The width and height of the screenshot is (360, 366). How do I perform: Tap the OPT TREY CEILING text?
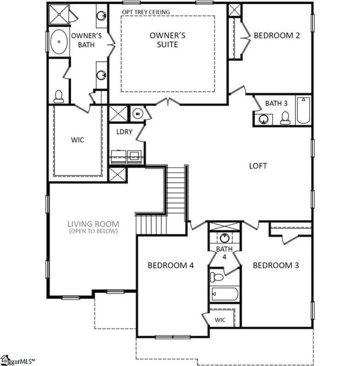(x=145, y=11)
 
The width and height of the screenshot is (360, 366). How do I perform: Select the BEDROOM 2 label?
(x=277, y=35)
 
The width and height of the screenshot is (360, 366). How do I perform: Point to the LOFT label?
(x=258, y=166)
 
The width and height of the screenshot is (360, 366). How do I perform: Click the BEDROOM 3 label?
(x=276, y=265)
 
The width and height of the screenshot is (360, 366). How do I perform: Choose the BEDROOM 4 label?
(x=170, y=265)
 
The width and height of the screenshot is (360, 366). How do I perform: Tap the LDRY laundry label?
(x=124, y=132)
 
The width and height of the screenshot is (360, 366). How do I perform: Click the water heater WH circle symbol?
(x=137, y=113)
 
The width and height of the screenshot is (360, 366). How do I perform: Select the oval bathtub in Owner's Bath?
(x=58, y=43)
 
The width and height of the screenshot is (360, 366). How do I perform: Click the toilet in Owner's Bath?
(x=58, y=96)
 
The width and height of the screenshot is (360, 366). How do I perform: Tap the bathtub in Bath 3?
(x=303, y=111)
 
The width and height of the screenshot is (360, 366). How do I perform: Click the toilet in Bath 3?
(x=285, y=118)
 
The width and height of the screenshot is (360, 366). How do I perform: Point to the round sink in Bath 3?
(x=263, y=119)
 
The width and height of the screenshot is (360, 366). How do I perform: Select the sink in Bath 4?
(x=224, y=237)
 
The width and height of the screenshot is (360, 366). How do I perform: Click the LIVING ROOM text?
(x=93, y=224)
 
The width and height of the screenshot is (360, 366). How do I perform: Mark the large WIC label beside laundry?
(x=77, y=140)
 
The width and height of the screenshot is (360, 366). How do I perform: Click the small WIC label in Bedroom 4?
(x=220, y=320)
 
